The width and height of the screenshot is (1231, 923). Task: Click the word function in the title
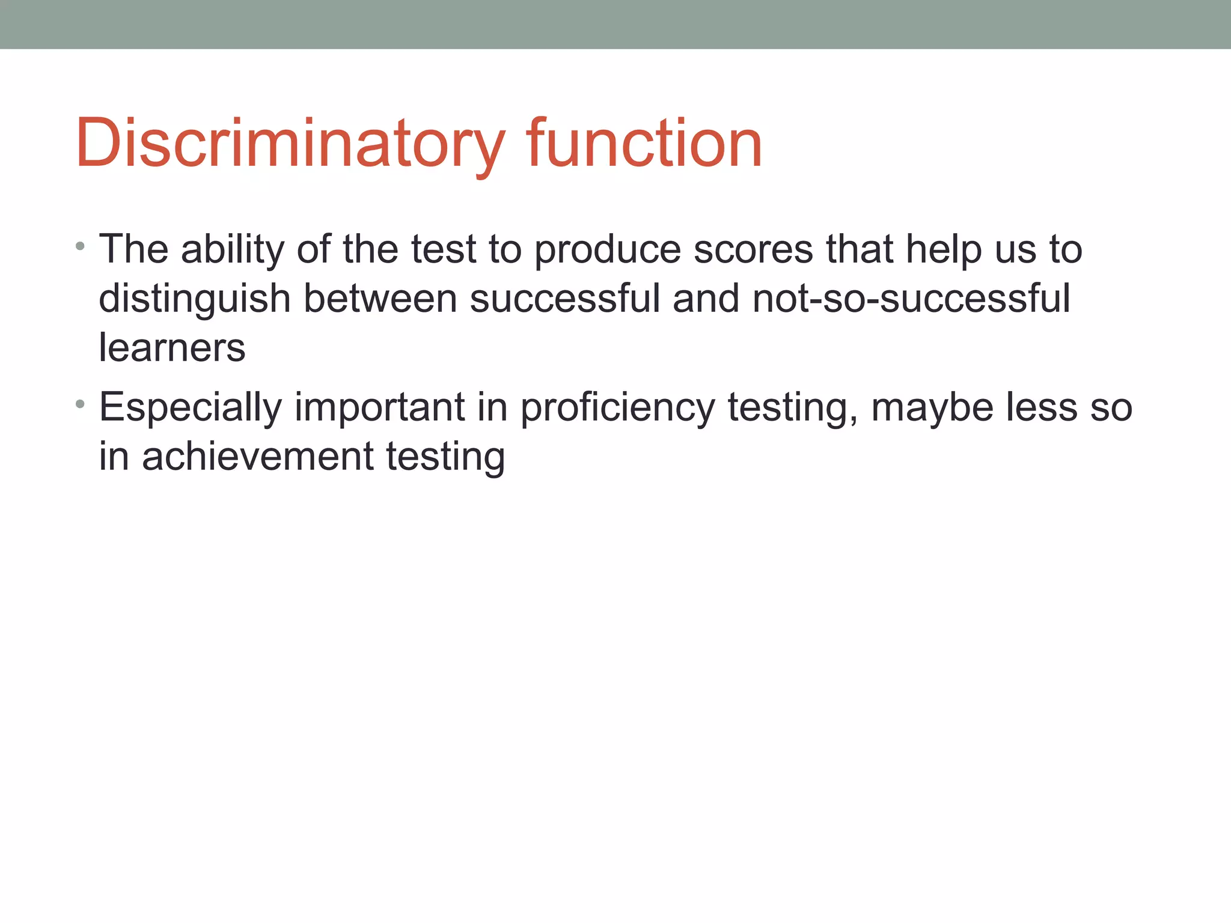click(644, 144)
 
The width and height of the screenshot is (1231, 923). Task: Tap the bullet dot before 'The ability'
click(81, 246)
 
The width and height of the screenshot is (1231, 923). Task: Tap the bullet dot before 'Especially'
click(81, 404)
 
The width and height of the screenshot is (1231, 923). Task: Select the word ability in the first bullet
click(232, 249)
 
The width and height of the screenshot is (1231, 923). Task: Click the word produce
click(607, 249)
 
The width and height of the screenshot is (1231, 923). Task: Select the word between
click(380, 299)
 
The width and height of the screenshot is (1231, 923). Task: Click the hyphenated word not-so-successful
click(911, 299)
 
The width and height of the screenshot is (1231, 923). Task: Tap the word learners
click(172, 348)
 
